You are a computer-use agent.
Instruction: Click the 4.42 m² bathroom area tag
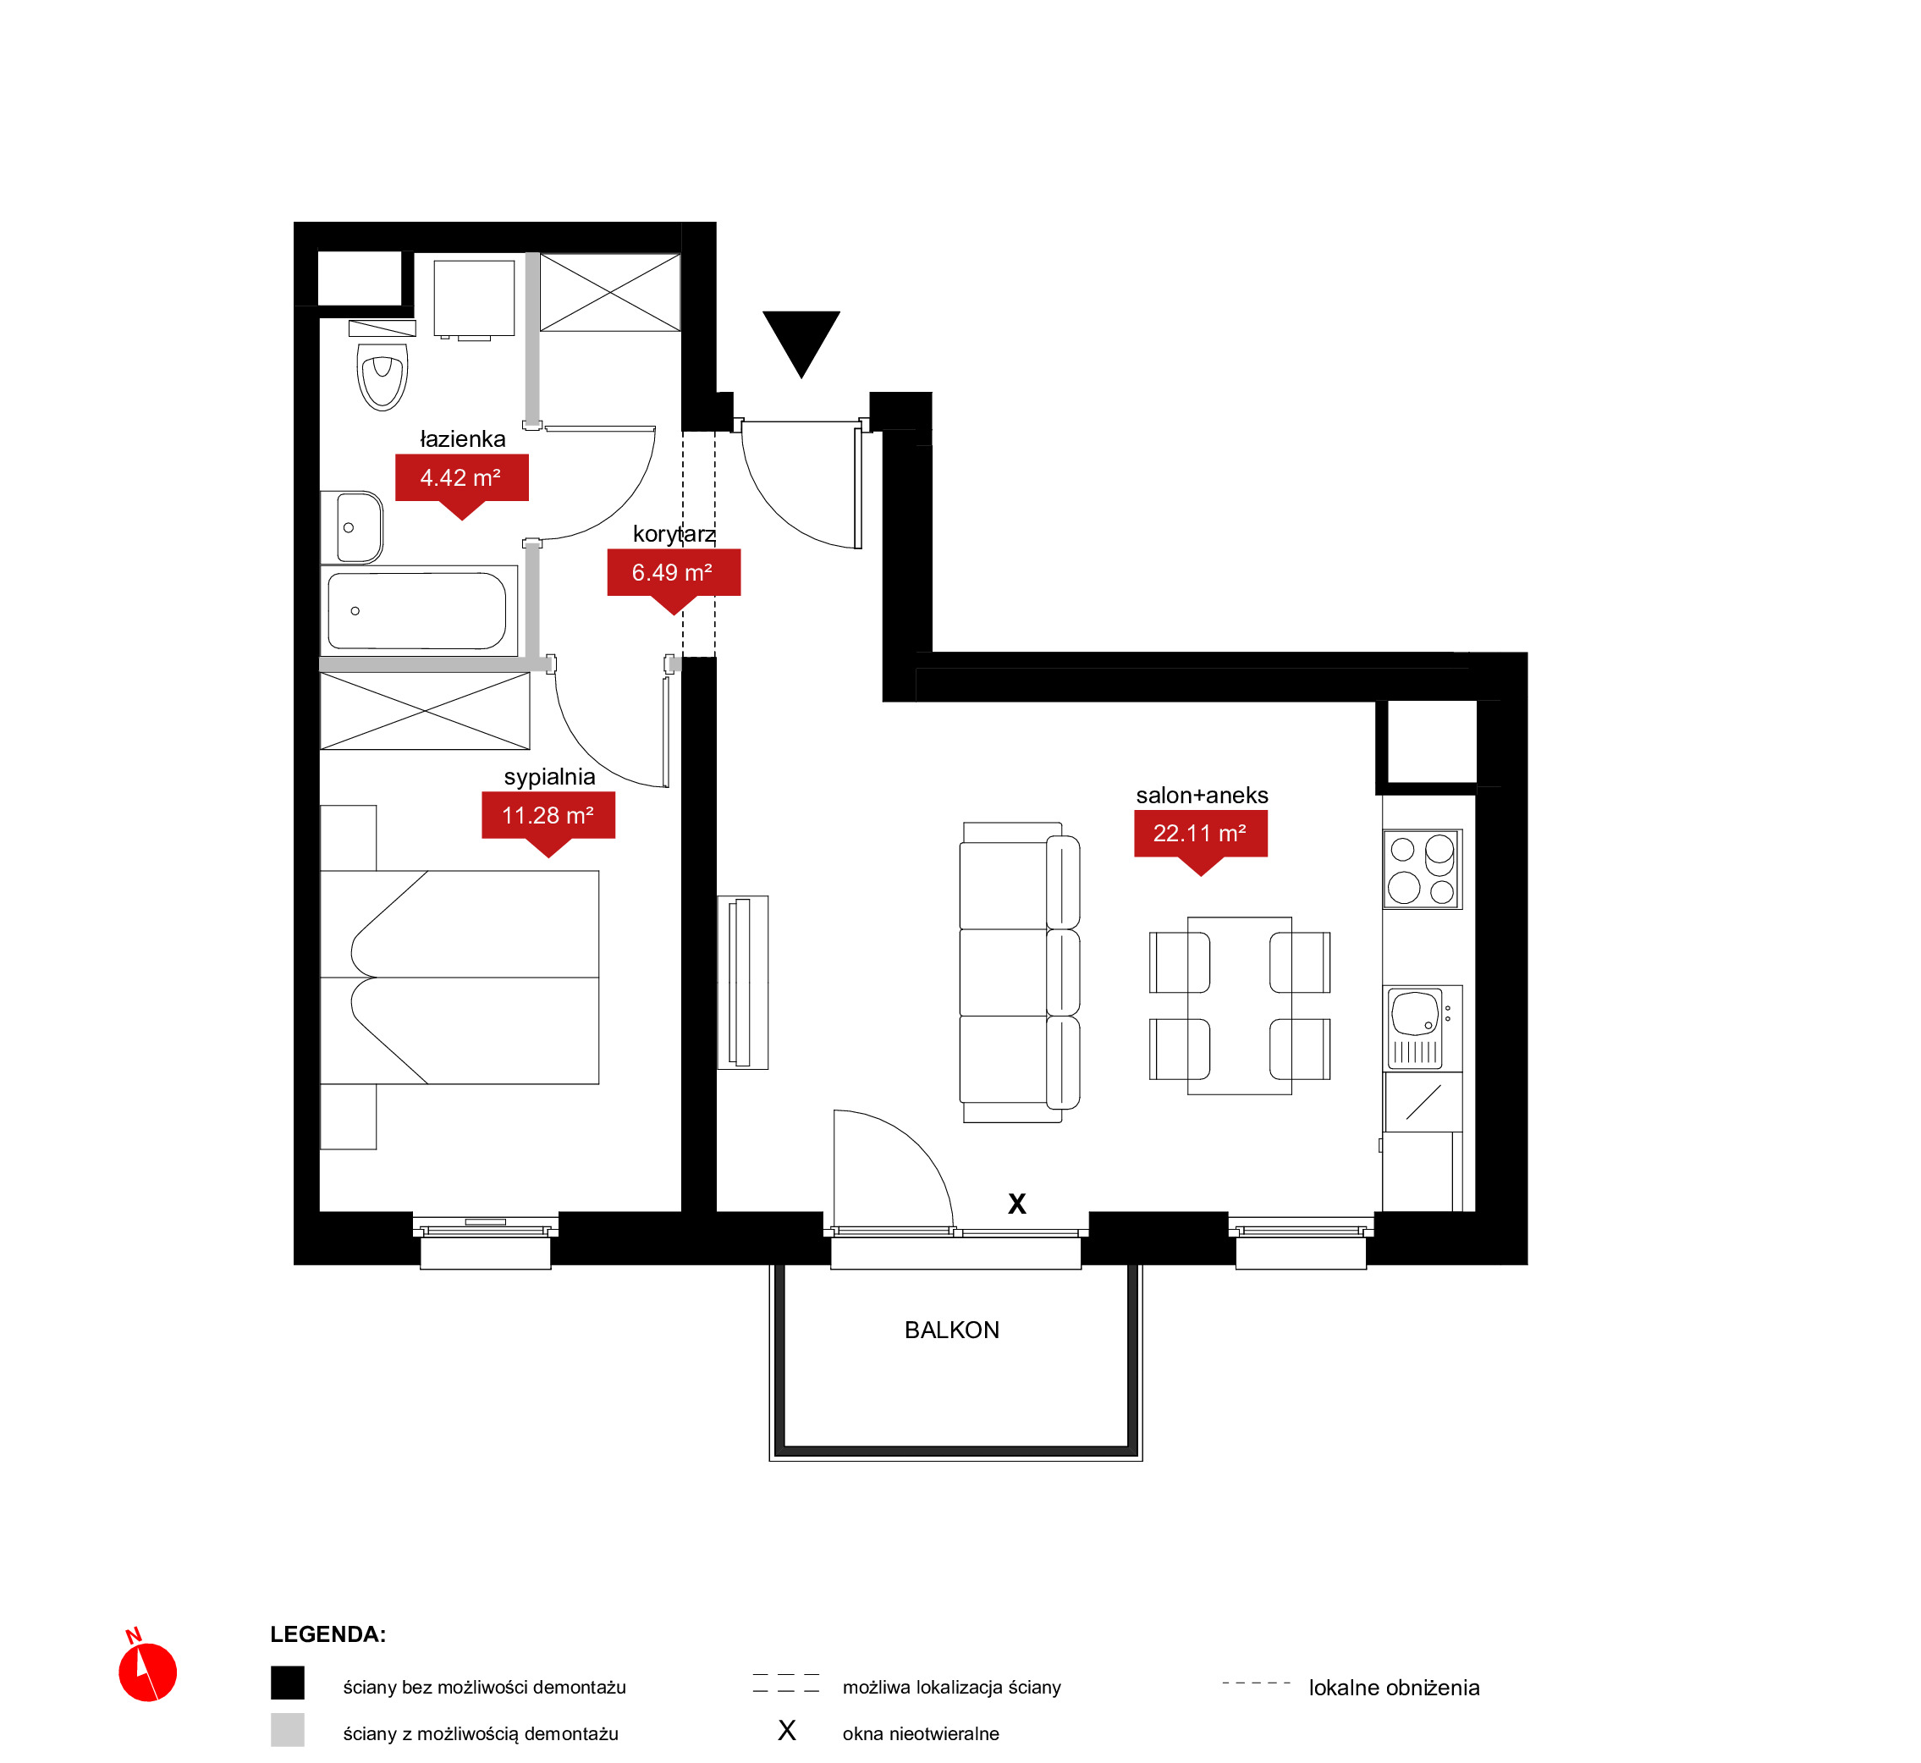point(462,485)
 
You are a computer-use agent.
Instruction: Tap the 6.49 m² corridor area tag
point(674,579)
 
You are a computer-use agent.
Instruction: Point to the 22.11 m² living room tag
point(1201,840)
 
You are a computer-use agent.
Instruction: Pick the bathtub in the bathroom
point(418,610)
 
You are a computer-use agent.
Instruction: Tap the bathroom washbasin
point(353,527)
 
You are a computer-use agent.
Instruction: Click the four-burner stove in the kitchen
point(1423,869)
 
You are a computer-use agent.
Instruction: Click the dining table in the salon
point(1239,1005)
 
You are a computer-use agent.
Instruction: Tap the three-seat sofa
point(1020,972)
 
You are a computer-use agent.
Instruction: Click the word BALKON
point(952,1330)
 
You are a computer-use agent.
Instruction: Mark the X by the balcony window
point(1016,1204)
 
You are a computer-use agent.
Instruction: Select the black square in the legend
point(287,1683)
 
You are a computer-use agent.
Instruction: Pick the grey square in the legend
point(287,1730)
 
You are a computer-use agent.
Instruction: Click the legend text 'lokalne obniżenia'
point(1394,1688)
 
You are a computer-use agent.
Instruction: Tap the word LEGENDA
point(328,1634)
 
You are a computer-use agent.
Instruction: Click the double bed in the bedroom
point(460,977)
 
